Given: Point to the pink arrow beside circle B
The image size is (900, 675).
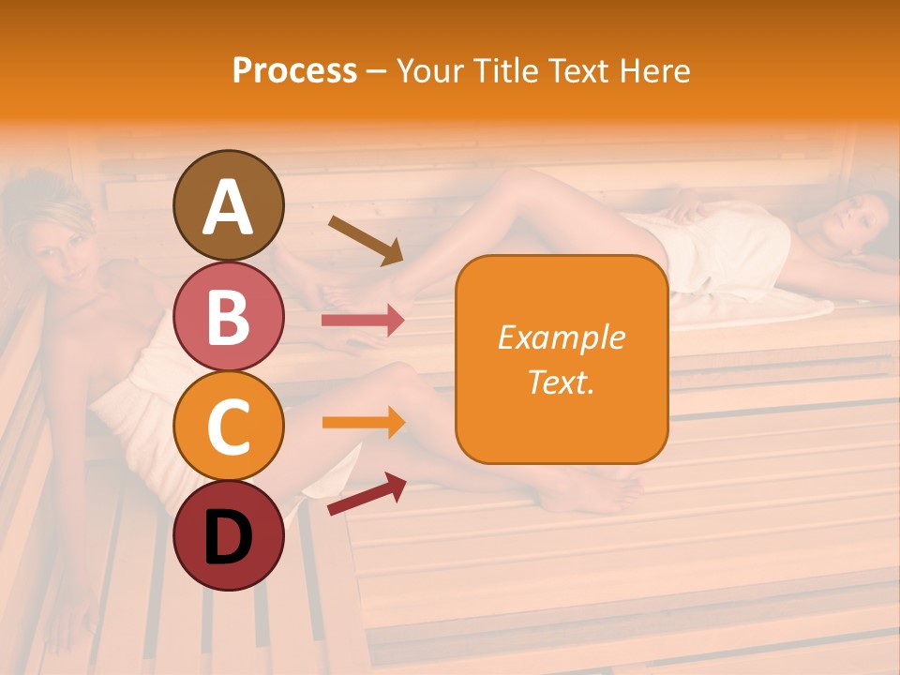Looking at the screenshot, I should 363,321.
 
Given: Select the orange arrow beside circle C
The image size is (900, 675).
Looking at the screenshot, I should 363,423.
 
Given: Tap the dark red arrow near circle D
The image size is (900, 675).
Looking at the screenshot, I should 367,493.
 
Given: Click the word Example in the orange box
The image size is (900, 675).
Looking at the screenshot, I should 561,337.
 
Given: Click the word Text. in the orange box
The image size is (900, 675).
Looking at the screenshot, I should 561,382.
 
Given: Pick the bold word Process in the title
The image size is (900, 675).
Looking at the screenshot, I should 294,70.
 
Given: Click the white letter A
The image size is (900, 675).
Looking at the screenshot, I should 228,207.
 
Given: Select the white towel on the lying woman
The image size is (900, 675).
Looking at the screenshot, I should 722,248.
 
